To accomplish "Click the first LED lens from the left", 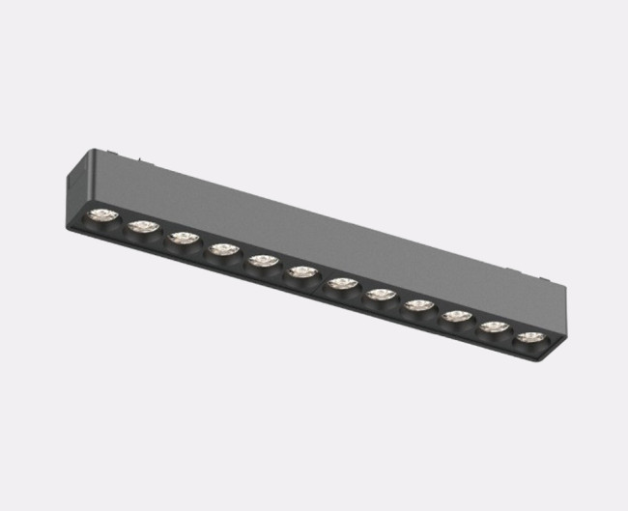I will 103,215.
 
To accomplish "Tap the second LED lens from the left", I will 144,227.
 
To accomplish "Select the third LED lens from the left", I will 184,238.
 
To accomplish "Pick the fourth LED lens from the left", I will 223,249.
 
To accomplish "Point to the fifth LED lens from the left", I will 263,261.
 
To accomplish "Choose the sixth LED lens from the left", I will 302,272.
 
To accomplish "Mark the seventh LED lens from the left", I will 341,283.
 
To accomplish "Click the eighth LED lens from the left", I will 380,295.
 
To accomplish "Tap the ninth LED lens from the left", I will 418,305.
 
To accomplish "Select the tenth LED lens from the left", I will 456,316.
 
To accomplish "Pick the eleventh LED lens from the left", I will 494,326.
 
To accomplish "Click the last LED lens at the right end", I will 528,337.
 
